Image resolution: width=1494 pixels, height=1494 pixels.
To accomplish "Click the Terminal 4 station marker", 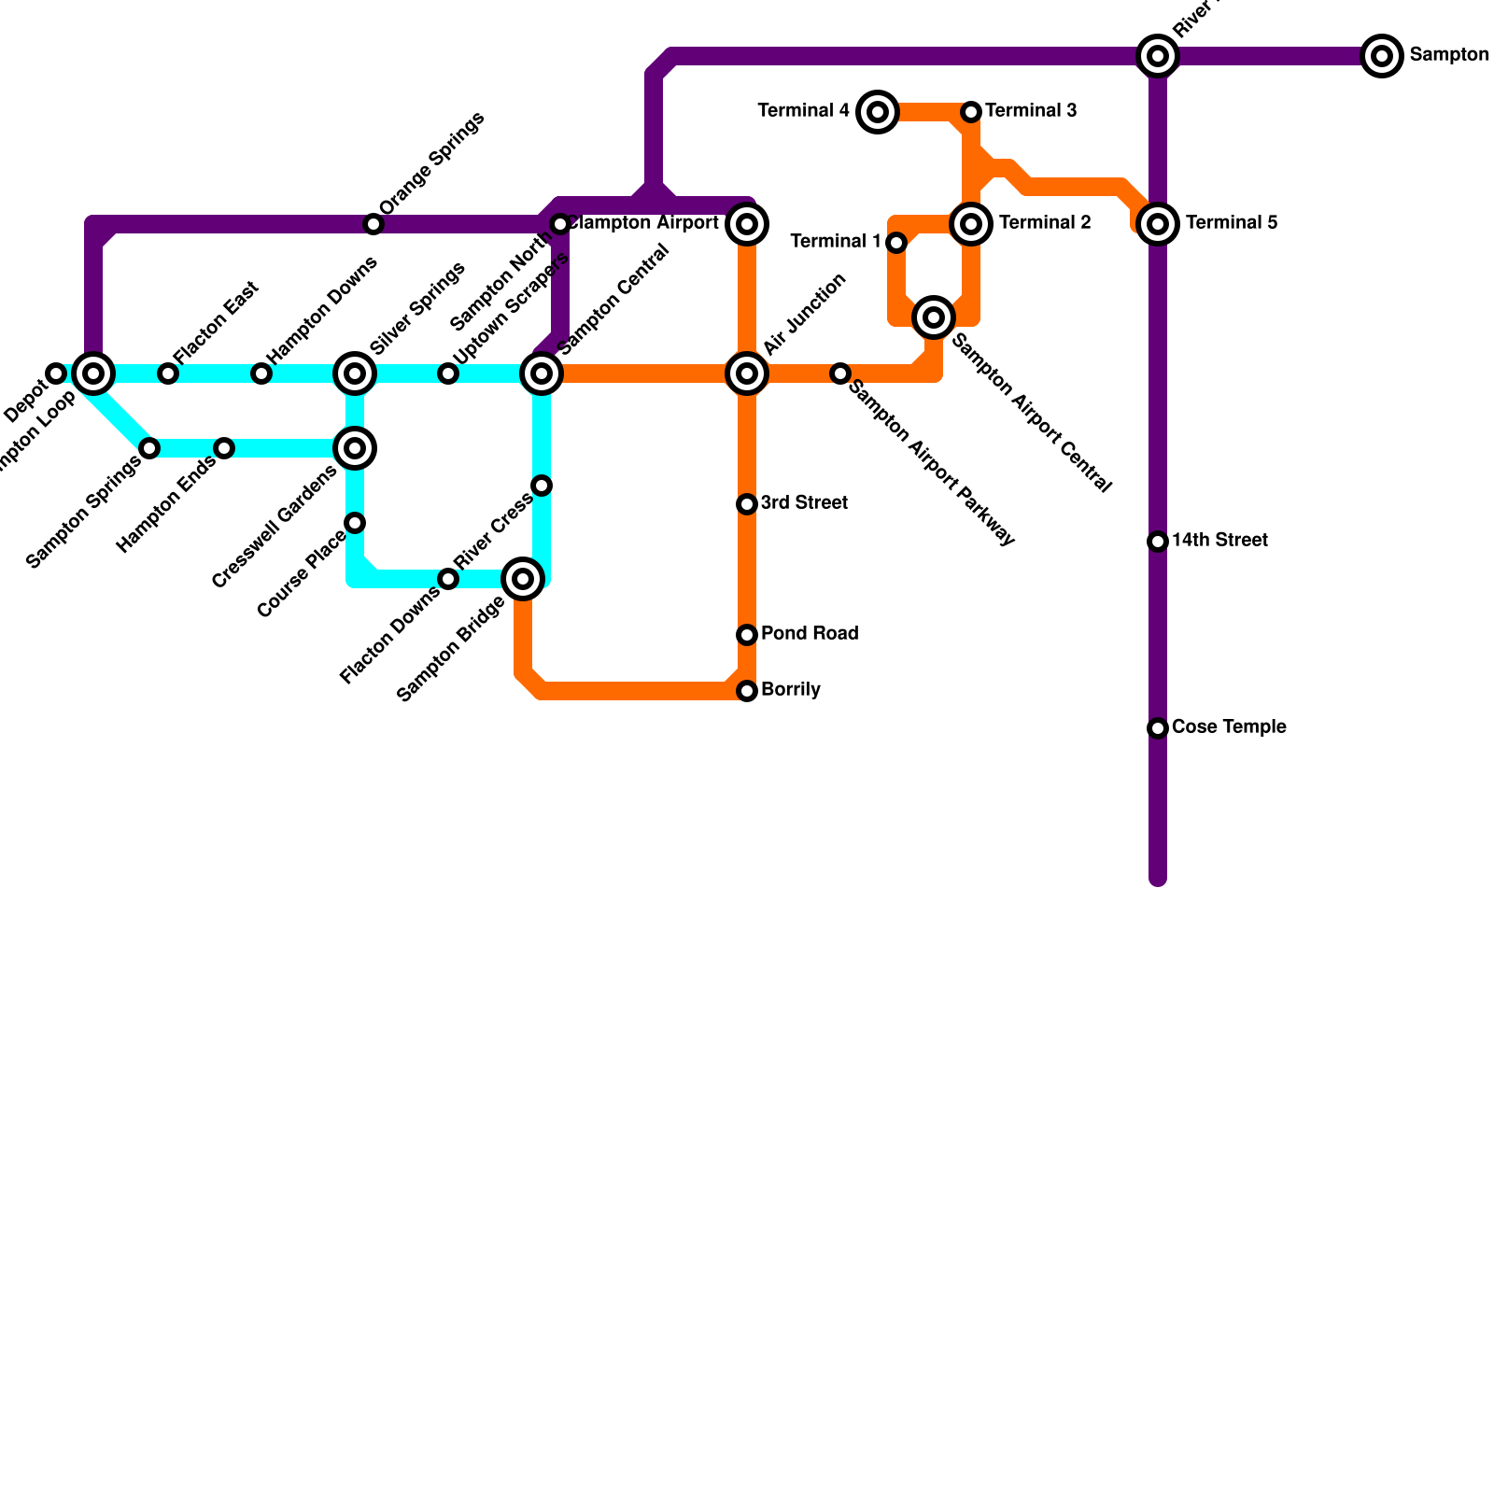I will (x=878, y=112).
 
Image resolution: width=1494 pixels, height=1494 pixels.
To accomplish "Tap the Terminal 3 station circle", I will (x=971, y=112).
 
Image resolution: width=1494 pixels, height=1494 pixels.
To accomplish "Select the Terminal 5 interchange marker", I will (x=1158, y=224).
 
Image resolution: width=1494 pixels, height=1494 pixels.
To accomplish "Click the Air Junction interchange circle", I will (x=747, y=373).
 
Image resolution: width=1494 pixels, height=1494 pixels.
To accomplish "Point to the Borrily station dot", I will (x=747, y=691).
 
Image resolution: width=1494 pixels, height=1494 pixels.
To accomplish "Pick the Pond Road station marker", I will (x=747, y=635).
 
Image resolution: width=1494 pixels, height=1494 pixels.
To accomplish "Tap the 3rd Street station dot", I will (x=747, y=504).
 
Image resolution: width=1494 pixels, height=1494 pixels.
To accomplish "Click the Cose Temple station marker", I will (x=1158, y=728).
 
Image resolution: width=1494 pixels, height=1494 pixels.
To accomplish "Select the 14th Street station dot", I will (x=1158, y=542).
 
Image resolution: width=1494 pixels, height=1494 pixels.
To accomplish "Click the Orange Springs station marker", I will (x=373, y=224).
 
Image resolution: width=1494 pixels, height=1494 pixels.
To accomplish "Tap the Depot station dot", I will (x=56, y=373).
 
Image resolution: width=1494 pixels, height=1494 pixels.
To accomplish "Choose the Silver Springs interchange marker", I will (x=355, y=373).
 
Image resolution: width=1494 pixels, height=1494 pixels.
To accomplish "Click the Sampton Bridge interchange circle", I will (x=523, y=579).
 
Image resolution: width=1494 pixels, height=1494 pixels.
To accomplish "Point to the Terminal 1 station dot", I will (x=896, y=243).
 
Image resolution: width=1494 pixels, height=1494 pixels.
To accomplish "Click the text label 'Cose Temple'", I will (x=1229, y=726).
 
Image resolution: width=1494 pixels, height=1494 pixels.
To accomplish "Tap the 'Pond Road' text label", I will (x=810, y=633).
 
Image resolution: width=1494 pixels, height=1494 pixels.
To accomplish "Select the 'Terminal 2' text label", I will (x=1045, y=222).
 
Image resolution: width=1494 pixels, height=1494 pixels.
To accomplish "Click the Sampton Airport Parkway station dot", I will (x=840, y=373).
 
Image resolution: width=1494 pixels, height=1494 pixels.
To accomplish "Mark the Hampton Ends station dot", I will (x=224, y=448).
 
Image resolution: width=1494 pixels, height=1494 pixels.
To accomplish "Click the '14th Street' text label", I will (x=1219, y=540).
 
